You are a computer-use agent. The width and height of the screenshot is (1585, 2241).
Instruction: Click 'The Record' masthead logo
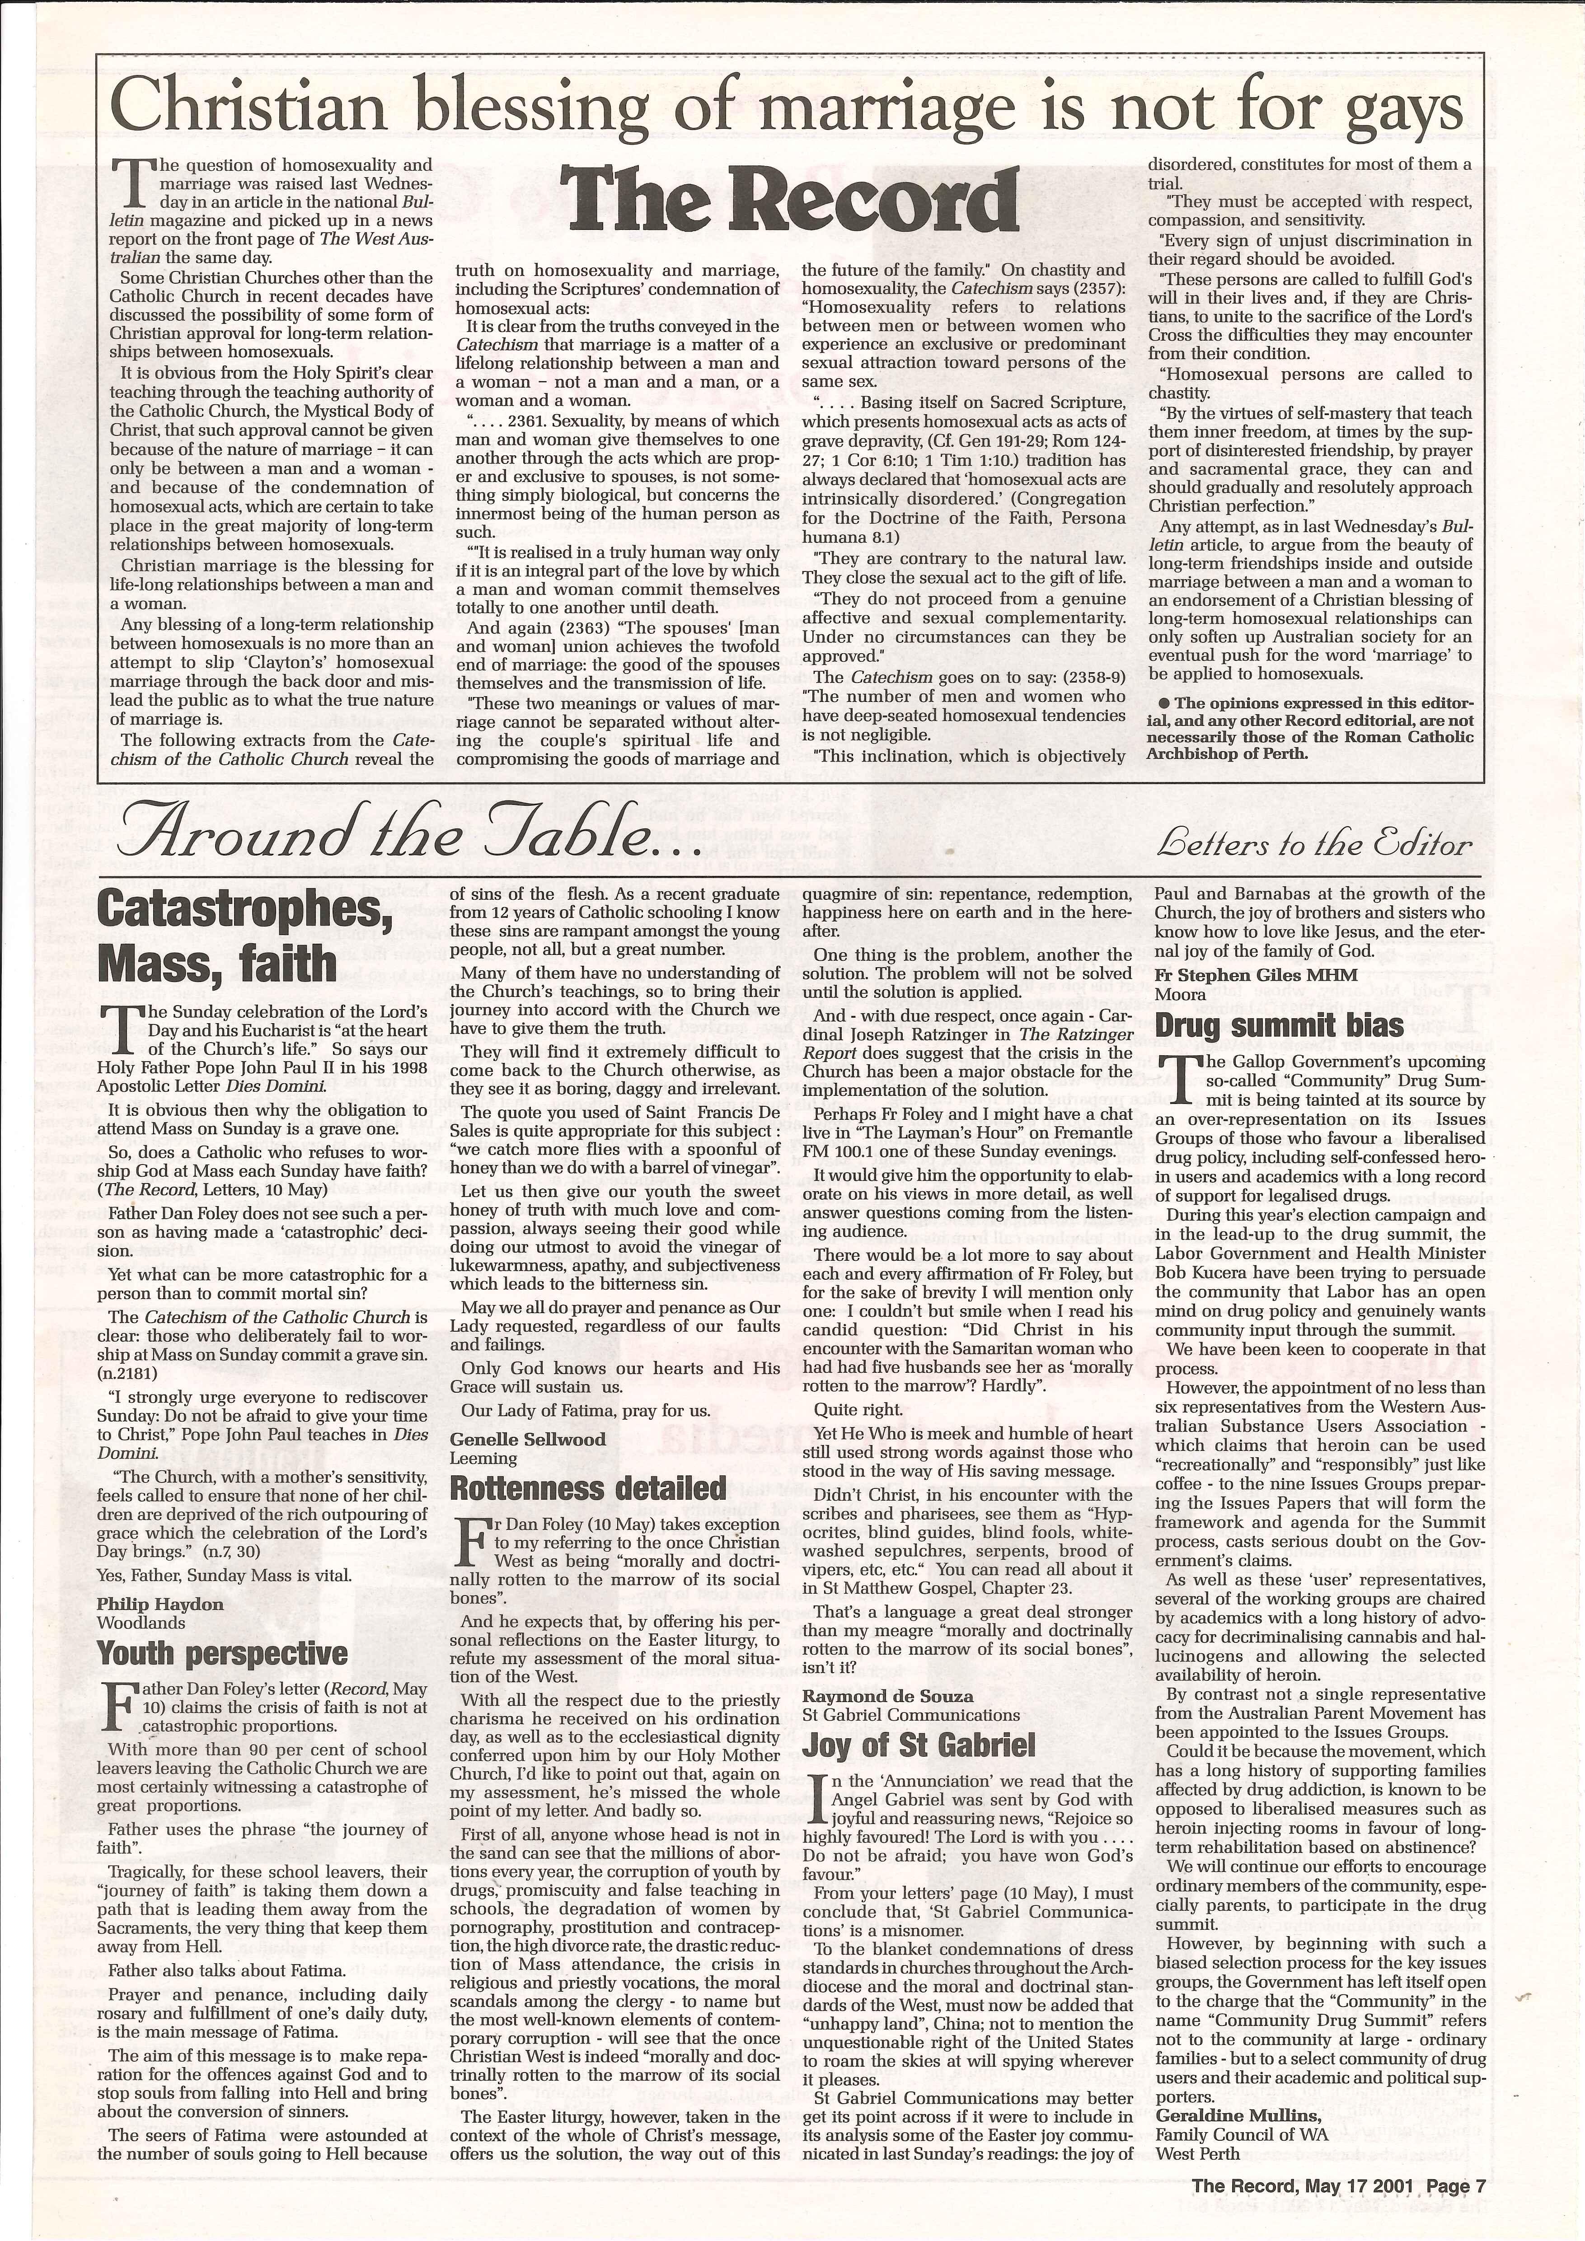coord(788,200)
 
